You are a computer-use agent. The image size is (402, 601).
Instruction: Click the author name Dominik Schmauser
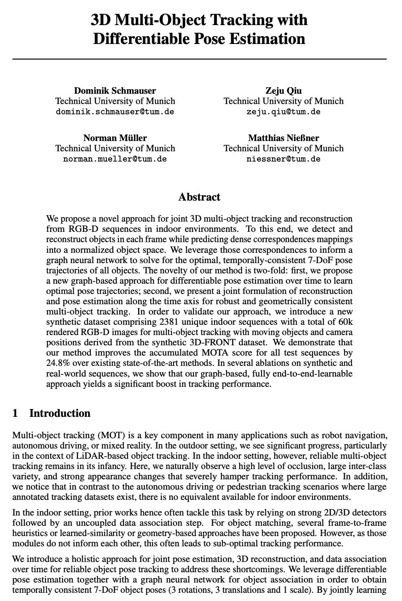[x=115, y=91]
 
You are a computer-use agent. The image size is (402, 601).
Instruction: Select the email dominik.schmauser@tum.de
[x=115, y=111]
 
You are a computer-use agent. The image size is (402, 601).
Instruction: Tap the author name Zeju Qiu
[x=283, y=91]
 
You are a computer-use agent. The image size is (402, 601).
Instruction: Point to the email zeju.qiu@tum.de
[x=283, y=111]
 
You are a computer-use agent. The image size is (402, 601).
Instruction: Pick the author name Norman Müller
[x=115, y=138]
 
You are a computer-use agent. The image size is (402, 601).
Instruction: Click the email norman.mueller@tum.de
[x=115, y=159]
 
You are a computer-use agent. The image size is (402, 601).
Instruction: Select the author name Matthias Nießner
[x=283, y=138]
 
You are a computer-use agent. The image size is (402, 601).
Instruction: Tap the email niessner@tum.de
[x=283, y=159]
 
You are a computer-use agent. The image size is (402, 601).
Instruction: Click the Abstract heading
[x=199, y=197]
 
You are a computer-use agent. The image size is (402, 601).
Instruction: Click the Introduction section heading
[x=60, y=413]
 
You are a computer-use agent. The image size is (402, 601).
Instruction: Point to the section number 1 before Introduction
[x=15, y=413]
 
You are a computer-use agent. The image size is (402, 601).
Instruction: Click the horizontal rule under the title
[x=199, y=60]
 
